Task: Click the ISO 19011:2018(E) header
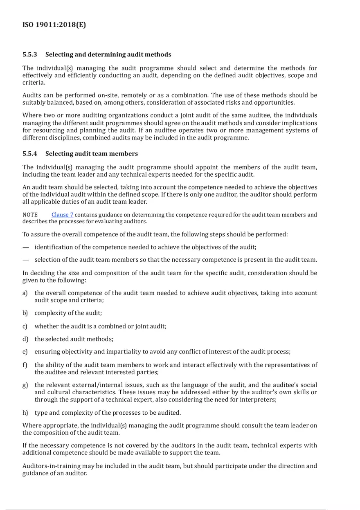[54, 25]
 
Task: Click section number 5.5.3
[30, 54]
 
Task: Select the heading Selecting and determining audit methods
[108, 54]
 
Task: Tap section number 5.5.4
[30, 154]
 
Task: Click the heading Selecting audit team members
[92, 154]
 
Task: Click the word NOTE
[30, 215]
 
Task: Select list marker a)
[25, 293]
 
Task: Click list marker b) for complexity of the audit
[25, 313]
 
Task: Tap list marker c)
[25, 326]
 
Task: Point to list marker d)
[25, 339]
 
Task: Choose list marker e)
[25, 352]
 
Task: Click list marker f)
[25, 365]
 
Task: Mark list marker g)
[25, 385]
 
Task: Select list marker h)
[25, 413]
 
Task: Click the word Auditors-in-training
[49, 466]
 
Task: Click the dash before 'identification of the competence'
[26, 247]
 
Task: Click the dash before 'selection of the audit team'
[26, 260]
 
